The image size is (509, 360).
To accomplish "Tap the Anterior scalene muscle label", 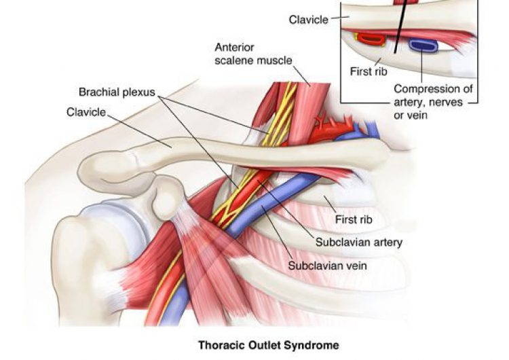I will [x=253, y=54].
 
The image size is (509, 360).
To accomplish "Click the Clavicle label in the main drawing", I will [x=86, y=111].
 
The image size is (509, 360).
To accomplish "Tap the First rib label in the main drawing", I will [x=354, y=219].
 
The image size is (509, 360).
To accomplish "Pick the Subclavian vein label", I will [x=328, y=266].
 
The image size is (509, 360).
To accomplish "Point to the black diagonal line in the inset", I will [x=401, y=27].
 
